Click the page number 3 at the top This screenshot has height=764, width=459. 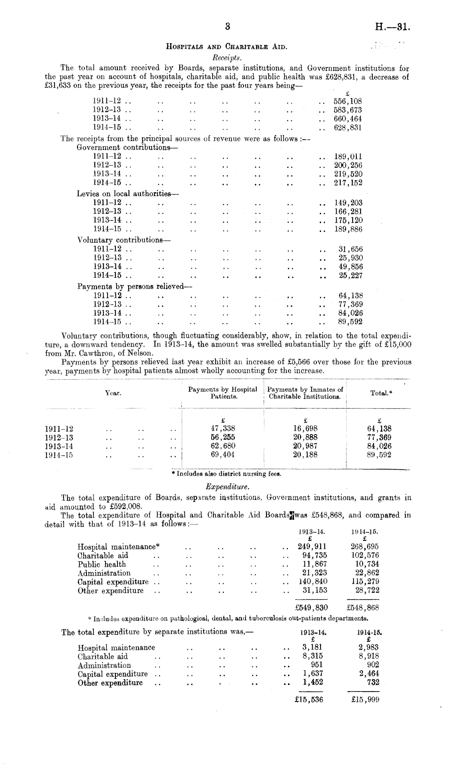coord(227,27)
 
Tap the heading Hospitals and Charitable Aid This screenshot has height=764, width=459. coord(227,47)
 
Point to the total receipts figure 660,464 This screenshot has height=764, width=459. coord(348,119)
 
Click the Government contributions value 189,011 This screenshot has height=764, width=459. coord(348,157)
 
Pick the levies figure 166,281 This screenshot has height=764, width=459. coord(348,211)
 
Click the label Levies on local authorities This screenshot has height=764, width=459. coord(124,193)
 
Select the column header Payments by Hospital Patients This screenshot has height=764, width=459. coord(222,393)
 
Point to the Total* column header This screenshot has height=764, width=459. coord(381,393)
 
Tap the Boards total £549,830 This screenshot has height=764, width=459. coord(309,607)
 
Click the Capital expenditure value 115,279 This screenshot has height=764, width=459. coord(364,582)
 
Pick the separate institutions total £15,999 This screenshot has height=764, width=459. coord(363,700)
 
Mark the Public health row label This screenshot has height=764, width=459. coord(102,564)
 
